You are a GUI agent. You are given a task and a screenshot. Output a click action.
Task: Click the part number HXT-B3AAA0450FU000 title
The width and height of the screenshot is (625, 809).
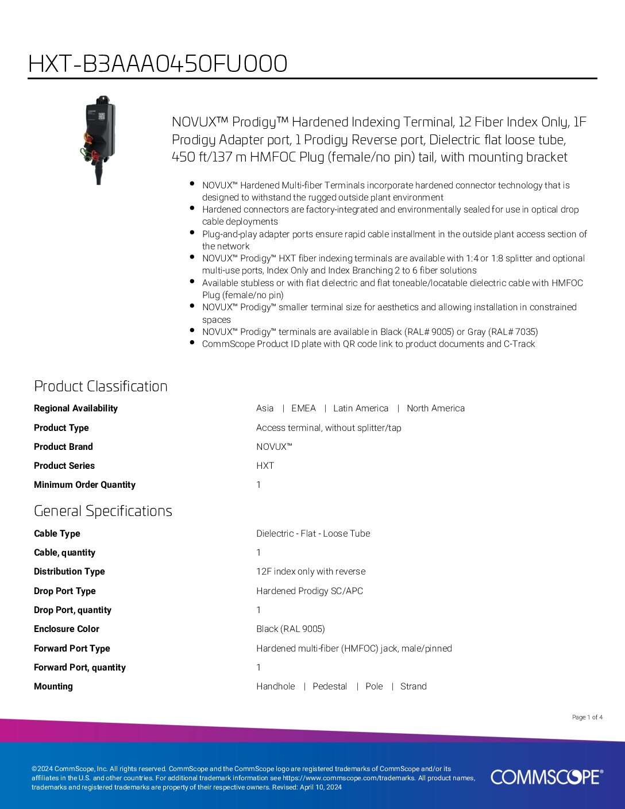157,64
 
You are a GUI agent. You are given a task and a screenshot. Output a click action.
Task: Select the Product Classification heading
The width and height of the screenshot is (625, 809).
101,386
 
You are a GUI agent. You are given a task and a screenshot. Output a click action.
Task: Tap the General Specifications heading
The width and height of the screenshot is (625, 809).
103,511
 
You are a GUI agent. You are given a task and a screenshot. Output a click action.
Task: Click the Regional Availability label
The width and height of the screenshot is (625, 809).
75,409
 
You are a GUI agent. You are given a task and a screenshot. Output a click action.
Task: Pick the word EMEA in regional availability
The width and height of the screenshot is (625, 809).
303,409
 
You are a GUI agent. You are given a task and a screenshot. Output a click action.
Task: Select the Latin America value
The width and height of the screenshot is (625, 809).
361,409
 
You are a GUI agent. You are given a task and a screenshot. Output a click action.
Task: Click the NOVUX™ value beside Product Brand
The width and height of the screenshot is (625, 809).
274,447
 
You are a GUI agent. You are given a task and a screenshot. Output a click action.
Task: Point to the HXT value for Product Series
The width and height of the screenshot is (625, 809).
265,466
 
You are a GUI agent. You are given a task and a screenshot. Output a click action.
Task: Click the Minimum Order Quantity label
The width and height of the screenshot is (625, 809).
84,485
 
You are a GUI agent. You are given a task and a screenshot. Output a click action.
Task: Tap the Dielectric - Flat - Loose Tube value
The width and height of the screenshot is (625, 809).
313,534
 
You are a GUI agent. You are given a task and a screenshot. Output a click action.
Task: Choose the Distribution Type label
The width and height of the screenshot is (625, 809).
69,572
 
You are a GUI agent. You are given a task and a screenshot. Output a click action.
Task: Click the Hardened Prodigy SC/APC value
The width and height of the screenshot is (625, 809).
310,591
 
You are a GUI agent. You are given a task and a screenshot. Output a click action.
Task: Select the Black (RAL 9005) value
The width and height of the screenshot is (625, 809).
290,629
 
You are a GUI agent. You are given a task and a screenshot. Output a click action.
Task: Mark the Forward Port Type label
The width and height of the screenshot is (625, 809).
72,649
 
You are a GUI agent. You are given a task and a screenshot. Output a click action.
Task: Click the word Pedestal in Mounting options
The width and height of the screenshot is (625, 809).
330,687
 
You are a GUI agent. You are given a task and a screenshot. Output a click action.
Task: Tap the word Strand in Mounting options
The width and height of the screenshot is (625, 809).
413,687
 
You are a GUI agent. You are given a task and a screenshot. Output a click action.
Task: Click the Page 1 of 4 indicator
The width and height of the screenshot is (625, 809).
587,717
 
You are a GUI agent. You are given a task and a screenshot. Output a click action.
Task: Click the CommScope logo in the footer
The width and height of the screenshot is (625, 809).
546,777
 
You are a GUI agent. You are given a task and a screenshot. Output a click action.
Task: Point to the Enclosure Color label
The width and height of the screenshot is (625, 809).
66,629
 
